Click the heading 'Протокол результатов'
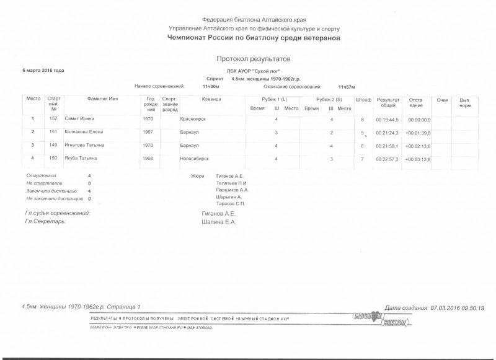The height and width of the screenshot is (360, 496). pyautogui.click(x=254, y=58)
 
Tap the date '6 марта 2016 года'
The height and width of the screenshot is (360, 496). pyautogui.click(x=43, y=71)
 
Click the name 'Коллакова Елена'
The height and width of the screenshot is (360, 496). pyautogui.click(x=84, y=132)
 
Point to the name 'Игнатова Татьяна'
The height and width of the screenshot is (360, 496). pyautogui.click(x=85, y=145)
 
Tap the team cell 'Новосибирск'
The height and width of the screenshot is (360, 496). pyautogui.click(x=194, y=159)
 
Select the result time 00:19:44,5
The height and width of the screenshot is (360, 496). pyautogui.click(x=387, y=119)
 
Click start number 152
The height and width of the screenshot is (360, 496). pyautogui.click(x=53, y=118)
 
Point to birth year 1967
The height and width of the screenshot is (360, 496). pyautogui.click(x=148, y=132)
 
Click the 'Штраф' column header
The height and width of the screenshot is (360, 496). pyautogui.click(x=363, y=99)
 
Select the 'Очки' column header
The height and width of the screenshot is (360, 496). pyautogui.click(x=442, y=99)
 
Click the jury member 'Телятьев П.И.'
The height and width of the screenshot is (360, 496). pyautogui.click(x=231, y=183)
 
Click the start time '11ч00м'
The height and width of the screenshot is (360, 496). pyautogui.click(x=211, y=87)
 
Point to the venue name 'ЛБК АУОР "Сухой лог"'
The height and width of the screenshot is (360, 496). pyautogui.click(x=254, y=71)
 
